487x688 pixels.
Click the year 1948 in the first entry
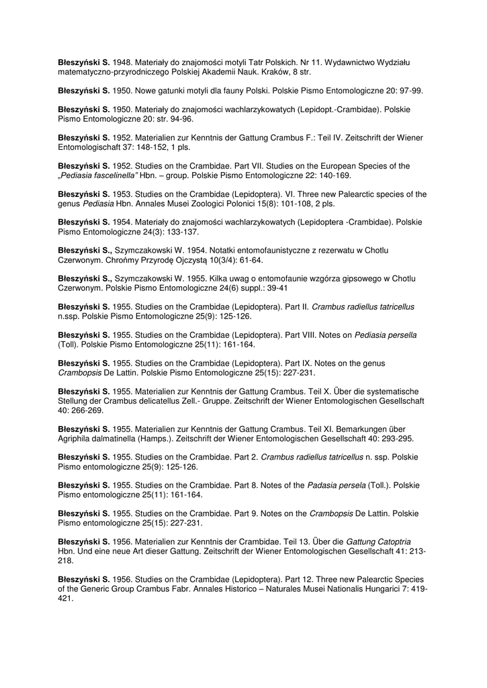pyautogui.click(x=122, y=62)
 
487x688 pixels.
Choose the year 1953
pyautogui.click(x=122, y=194)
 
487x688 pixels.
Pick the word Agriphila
pyautogui.click(x=75, y=439)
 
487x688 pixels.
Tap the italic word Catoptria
pyautogui.click(x=392, y=542)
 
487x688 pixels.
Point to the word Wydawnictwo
pyautogui.click(x=349, y=62)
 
